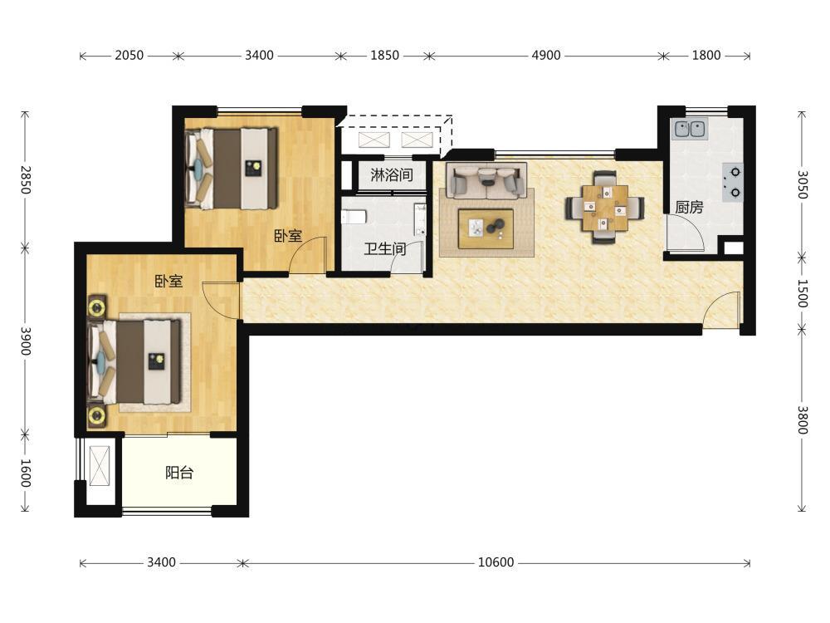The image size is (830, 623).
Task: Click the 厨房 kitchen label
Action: (x=689, y=207)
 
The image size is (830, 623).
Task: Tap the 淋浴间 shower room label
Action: (x=392, y=174)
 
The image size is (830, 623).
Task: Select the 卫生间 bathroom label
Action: (x=385, y=248)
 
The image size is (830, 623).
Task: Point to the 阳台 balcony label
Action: (x=179, y=472)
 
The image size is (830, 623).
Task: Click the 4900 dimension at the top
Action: (x=546, y=55)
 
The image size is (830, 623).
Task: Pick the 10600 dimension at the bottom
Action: (x=496, y=562)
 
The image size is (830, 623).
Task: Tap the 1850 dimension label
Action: (x=384, y=55)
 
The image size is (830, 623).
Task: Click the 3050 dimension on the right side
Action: (x=802, y=184)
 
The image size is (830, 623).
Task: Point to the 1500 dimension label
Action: (x=802, y=293)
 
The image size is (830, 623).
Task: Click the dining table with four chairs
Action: (x=604, y=207)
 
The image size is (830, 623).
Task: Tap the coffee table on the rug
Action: (x=486, y=228)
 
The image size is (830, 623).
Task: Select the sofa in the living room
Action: (x=486, y=180)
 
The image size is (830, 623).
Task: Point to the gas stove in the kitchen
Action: (x=734, y=182)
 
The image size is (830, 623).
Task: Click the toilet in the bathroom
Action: (x=354, y=217)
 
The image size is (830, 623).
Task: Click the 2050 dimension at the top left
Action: (x=129, y=55)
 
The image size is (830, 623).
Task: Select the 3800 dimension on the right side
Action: (x=802, y=419)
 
